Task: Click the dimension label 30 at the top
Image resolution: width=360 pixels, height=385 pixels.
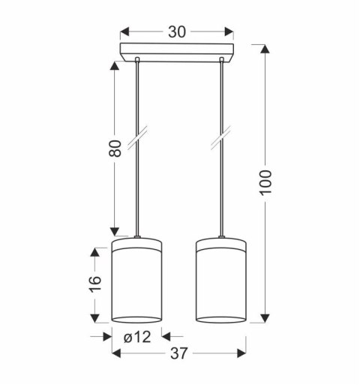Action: tap(178, 32)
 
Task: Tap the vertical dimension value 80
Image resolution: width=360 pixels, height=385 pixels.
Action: tap(115, 149)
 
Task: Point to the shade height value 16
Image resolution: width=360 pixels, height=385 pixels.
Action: tap(94, 283)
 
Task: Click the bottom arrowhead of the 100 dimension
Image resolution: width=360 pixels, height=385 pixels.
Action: tap(264, 318)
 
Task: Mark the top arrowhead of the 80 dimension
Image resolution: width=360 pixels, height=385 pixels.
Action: tap(114, 67)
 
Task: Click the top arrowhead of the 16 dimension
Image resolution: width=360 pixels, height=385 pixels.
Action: tap(94, 253)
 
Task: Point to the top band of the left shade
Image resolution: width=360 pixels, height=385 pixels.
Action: tap(136, 244)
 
